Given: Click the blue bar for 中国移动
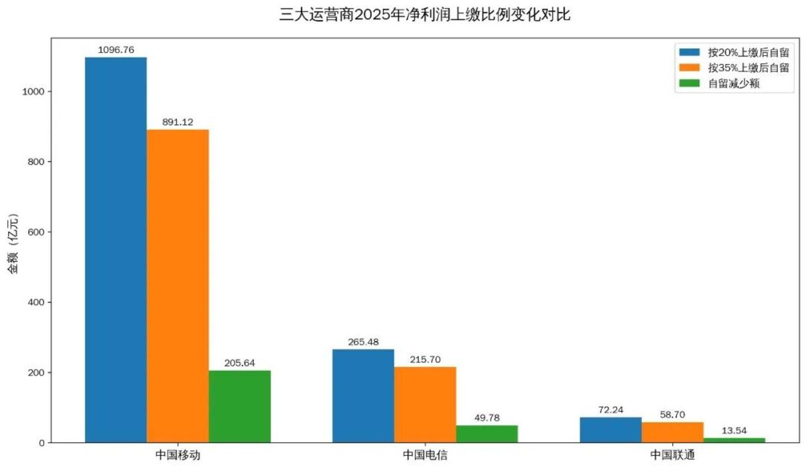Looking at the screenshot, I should (115, 250).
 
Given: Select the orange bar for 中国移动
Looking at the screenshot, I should (178, 286).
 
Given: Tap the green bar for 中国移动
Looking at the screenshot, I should (239, 406).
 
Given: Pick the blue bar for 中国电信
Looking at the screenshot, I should (363, 396).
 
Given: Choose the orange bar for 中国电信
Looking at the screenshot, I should (425, 404).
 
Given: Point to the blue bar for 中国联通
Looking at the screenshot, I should (611, 429).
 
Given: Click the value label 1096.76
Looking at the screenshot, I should (116, 50).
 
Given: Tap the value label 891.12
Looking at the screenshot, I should (178, 122).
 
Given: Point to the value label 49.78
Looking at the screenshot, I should (487, 418).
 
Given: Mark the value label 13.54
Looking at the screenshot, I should (734, 430).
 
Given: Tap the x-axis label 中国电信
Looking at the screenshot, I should (425, 455).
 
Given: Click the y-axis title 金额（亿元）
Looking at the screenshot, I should (13, 244).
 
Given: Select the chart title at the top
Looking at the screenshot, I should (425, 15).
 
